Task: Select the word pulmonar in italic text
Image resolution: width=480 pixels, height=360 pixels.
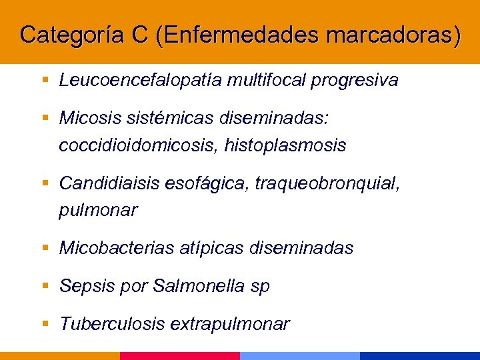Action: pos(98,210)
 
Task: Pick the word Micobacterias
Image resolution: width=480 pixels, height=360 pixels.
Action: pos(117,249)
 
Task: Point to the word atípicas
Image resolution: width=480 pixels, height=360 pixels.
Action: pos(212,249)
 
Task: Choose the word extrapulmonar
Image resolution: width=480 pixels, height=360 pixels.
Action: pos(230,325)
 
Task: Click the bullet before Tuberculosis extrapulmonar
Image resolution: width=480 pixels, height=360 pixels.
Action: pos(45,324)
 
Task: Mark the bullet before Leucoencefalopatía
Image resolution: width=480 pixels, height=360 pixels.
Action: pos(45,81)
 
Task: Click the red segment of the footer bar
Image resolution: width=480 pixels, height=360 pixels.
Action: pos(180,356)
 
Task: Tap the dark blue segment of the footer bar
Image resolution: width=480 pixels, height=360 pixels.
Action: pos(420,356)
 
